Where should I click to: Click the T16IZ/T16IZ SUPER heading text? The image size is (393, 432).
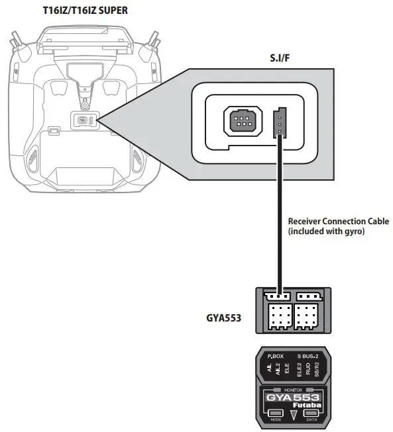(x=85, y=11)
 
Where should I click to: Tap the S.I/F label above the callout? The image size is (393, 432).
(x=280, y=58)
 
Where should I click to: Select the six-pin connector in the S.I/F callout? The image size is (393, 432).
(x=243, y=121)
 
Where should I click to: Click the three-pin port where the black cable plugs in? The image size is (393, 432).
(x=280, y=123)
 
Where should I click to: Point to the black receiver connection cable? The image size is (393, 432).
(x=280, y=215)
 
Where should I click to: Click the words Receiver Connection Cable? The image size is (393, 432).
(x=339, y=221)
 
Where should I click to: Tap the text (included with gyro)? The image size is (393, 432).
(x=326, y=231)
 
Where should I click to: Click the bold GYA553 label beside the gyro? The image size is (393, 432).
(x=223, y=318)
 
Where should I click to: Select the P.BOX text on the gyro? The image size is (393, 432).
(x=276, y=356)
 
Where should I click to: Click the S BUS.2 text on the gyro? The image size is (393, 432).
(x=308, y=356)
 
